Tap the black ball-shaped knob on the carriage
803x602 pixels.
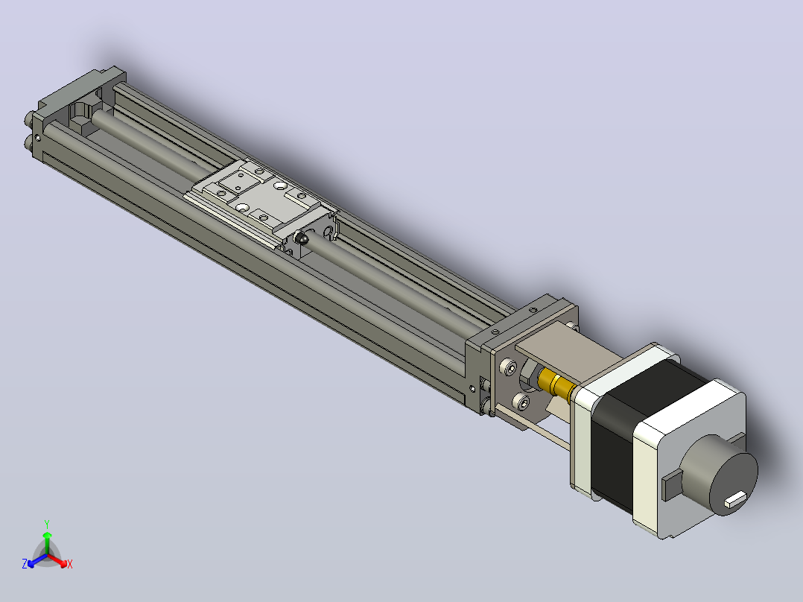coord(302,238)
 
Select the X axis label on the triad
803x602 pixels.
coord(70,564)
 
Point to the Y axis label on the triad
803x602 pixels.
coord(47,524)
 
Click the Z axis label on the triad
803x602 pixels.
coord(24,563)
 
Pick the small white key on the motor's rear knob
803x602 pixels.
coord(735,498)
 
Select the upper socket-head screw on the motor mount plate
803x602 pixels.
coord(510,367)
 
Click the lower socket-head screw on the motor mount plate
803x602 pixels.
coord(522,403)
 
